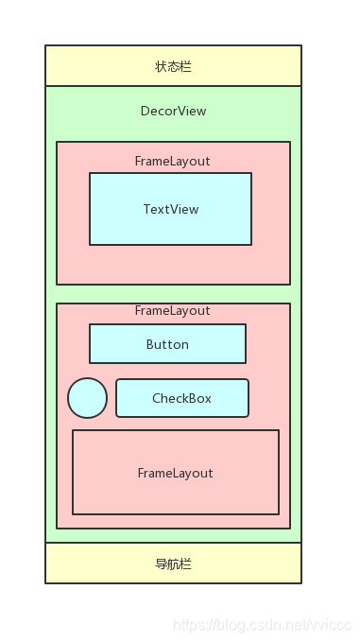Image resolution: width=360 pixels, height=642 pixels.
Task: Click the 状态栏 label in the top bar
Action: coord(173,66)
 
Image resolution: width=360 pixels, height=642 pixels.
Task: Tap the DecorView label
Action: coord(173,111)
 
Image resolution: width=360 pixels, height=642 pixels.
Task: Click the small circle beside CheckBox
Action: coord(87,397)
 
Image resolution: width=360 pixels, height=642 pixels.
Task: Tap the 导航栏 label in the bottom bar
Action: coord(173,564)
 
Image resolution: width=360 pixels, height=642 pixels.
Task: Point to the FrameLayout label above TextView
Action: coord(172,161)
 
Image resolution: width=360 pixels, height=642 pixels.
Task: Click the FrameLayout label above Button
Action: coord(172,310)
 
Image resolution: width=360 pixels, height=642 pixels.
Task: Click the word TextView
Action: coord(171,209)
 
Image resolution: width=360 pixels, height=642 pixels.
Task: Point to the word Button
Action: coord(167,344)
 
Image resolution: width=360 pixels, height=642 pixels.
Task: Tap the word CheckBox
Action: coord(181,398)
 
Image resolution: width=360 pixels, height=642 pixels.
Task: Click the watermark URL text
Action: coord(263,625)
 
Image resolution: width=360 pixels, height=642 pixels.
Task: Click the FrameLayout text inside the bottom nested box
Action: coord(175,473)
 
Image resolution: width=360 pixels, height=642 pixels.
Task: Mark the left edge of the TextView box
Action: coord(90,209)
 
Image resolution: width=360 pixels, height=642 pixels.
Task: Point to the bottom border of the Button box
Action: coord(167,363)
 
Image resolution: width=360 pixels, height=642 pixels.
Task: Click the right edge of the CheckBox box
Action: coord(249,398)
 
